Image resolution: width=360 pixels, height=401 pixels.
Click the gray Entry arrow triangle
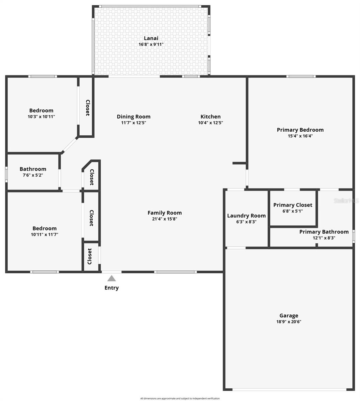pos(111,278)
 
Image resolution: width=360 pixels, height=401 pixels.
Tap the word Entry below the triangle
pos(111,288)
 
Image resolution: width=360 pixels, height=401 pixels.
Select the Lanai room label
pos(151,38)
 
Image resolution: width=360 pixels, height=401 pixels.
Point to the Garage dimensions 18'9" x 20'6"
pos(289,322)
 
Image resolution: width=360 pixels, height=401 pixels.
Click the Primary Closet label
pos(292,205)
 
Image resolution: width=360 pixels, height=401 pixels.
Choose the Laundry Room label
pos(246,216)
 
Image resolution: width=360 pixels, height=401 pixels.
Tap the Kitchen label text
pos(210,117)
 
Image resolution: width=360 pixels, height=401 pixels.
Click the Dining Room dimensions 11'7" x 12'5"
pos(133,123)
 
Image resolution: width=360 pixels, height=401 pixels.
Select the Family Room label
pos(165,213)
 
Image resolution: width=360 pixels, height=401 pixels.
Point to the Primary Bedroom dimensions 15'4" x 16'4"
pos(300,136)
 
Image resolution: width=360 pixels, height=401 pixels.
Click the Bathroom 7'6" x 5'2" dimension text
pos(33,175)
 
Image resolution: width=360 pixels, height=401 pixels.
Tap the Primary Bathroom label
pos(324,232)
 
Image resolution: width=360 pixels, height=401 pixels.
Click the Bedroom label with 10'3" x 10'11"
pos(41,111)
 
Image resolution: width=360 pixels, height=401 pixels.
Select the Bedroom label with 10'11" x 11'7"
pos(44,228)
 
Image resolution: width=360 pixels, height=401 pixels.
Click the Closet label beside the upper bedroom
pos(88,108)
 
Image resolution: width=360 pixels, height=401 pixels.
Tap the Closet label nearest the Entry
pos(90,256)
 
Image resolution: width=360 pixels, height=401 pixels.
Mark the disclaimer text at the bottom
pos(180,398)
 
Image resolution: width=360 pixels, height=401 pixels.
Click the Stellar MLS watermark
pos(348,200)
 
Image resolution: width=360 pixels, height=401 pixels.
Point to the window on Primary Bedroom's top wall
pos(301,77)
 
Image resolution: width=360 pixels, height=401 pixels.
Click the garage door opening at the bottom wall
pos(289,389)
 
